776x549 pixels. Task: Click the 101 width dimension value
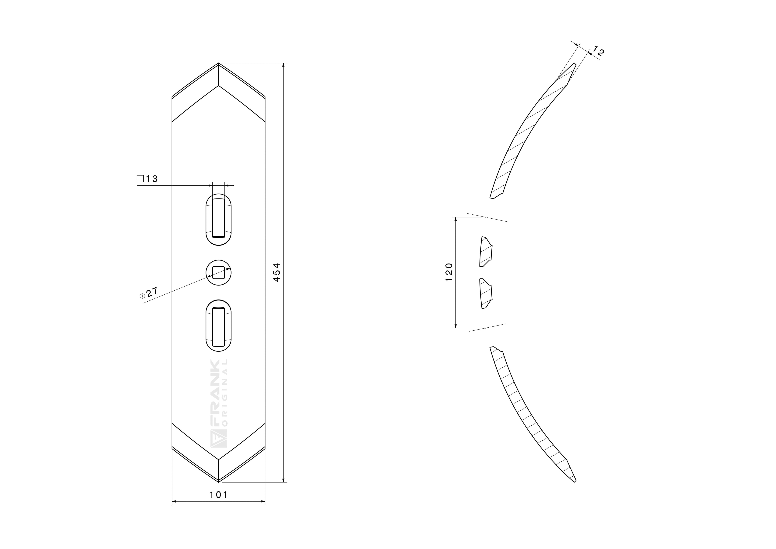click(219, 495)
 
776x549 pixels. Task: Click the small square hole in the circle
click(219, 272)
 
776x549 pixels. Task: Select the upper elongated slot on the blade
click(219, 220)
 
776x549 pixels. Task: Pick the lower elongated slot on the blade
click(219, 325)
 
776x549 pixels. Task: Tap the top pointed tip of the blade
click(219, 63)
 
